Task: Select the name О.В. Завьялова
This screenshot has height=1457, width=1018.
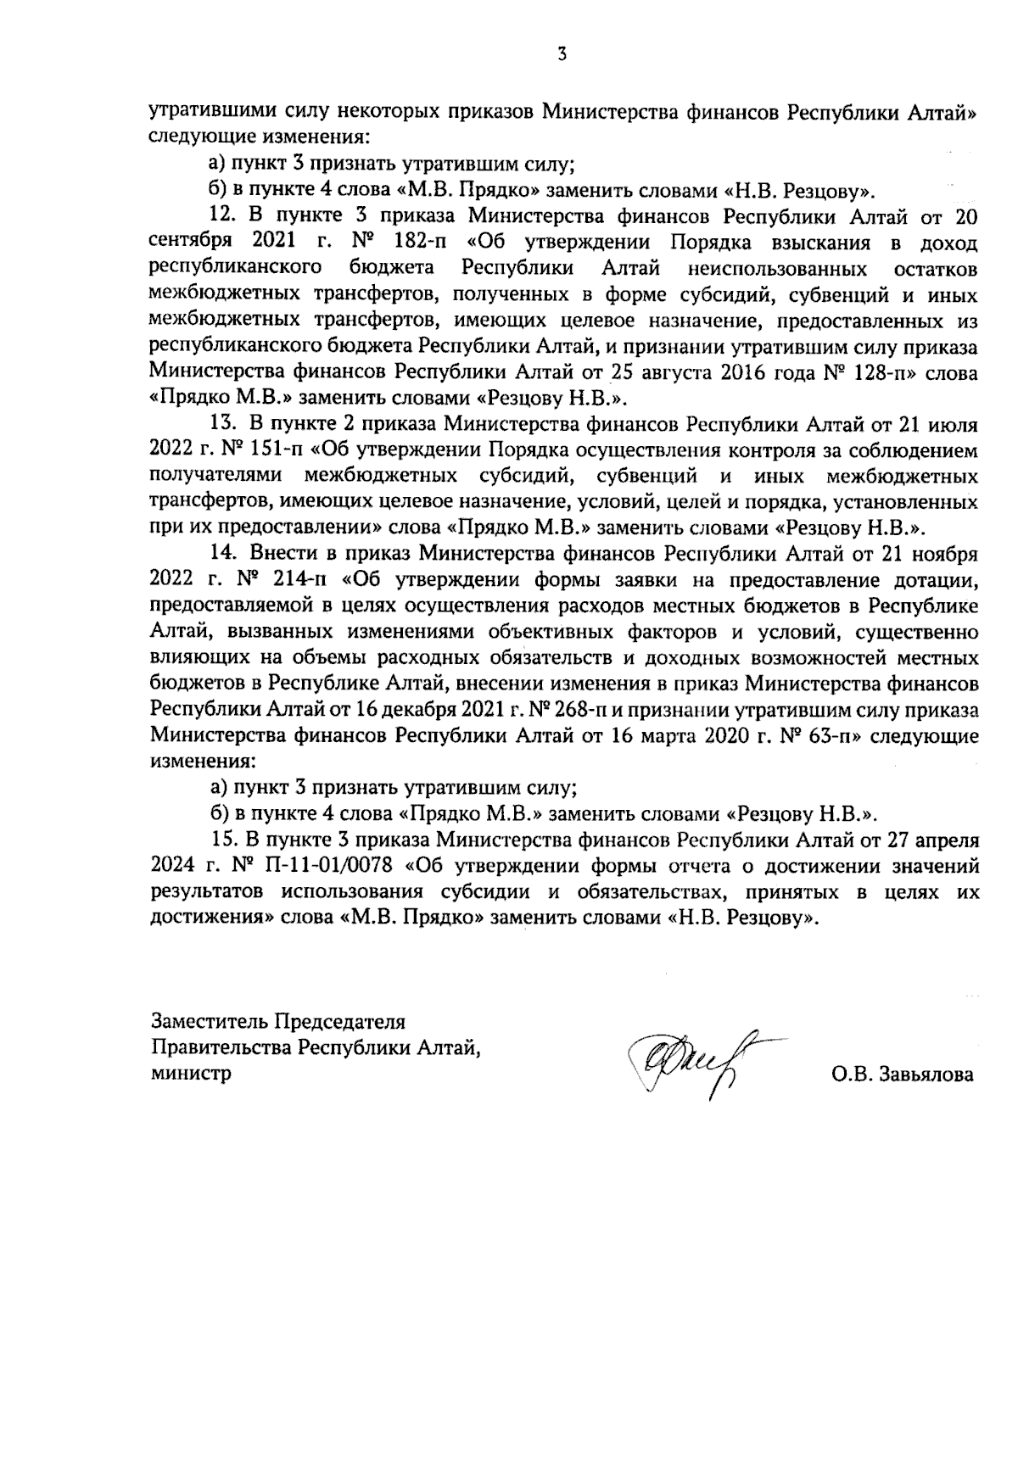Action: [x=903, y=1075]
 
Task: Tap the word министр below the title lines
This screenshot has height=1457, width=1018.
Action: [x=191, y=1073]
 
